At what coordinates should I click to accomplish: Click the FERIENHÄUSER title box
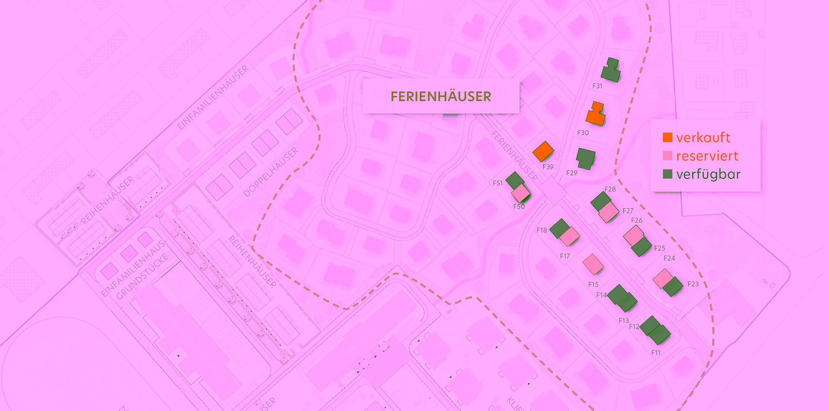pos(441,96)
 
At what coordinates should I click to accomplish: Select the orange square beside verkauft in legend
pos(668,137)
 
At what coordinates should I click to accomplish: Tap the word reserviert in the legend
pos(707,156)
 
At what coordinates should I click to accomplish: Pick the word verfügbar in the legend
pos(708,174)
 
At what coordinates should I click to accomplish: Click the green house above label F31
pos(611,70)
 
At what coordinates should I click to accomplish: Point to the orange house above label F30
pos(595,114)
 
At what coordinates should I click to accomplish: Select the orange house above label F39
pos(543,151)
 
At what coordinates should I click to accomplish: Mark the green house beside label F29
pos(585,158)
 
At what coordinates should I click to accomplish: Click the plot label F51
pos(498,183)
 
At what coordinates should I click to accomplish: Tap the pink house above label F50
pos(520,193)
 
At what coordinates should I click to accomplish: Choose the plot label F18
pos(542,230)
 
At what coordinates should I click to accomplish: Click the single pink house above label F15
pos(593,264)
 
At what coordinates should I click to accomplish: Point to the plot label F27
pos(628,211)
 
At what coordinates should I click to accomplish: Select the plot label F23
pos(693,284)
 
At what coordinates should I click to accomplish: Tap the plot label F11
pos(656,353)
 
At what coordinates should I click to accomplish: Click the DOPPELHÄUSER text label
pos(271,172)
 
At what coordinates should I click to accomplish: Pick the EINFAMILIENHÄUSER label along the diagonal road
pos(213,98)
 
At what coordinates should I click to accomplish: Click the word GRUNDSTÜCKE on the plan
pos(142,277)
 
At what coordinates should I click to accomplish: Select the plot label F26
pos(637,220)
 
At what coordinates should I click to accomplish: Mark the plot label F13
pos(623,321)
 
